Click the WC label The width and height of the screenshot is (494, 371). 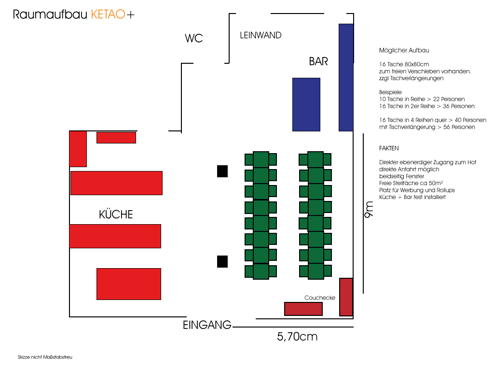[x=194, y=39]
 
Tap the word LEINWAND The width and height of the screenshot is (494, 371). [x=261, y=35]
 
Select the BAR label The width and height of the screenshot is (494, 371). [x=318, y=61]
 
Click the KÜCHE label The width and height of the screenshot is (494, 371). [x=116, y=214]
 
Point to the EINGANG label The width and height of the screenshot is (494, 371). [x=207, y=325]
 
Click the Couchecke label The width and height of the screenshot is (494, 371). [x=319, y=298]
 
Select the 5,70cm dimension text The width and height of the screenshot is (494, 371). [x=297, y=337]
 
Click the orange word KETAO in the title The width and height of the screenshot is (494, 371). [x=108, y=15]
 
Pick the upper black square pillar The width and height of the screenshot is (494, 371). [x=222, y=171]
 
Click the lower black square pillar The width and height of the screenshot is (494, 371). [x=222, y=261]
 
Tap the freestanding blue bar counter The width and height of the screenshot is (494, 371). [x=306, y=104]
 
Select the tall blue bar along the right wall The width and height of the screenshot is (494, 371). [x=346, y=77]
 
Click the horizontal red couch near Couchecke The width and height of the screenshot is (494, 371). [x=303, y=309]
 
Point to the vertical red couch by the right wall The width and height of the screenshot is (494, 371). [x=346, y=297]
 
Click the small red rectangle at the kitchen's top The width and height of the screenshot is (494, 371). [x=116, y=138]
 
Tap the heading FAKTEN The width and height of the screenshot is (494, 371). [x=389, y=148]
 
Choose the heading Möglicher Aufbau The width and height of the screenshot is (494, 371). [x=404, y=50]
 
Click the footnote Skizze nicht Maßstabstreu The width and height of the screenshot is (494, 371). [x=45, y=357]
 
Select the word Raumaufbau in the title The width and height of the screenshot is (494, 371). [x=51, y=15]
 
